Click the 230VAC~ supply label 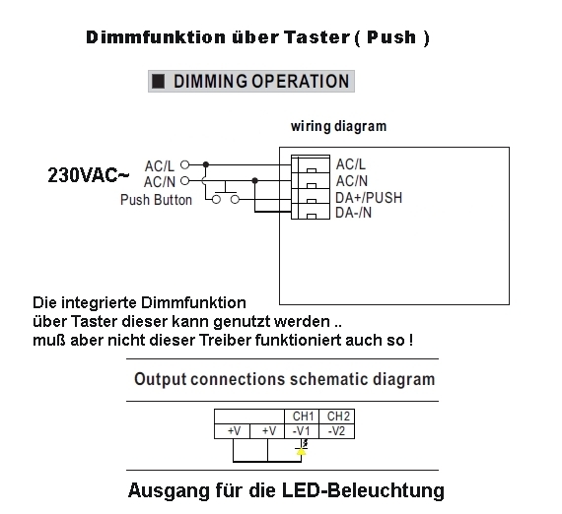[x=88, y=175]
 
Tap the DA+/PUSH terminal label [x=369, y=198]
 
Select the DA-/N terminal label [x=353, y=213]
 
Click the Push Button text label [x=156, y=200]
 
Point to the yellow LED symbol [x=302, y=452]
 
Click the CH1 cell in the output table [x=302, y=417]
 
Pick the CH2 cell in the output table [x=337, y=417]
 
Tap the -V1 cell [x=302, y=431]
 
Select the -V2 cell [x=337, y=431]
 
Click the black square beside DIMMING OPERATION [x=158, y=82]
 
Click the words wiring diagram [x=339, y=126]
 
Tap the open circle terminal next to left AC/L [x=184, y=164]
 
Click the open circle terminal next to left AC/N [x=184, y=181]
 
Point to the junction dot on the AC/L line [x=206, y=164]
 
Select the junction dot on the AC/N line [x=254, y=181]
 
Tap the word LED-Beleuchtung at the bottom [x=363, y=490]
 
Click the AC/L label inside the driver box [x=351, y=164]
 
